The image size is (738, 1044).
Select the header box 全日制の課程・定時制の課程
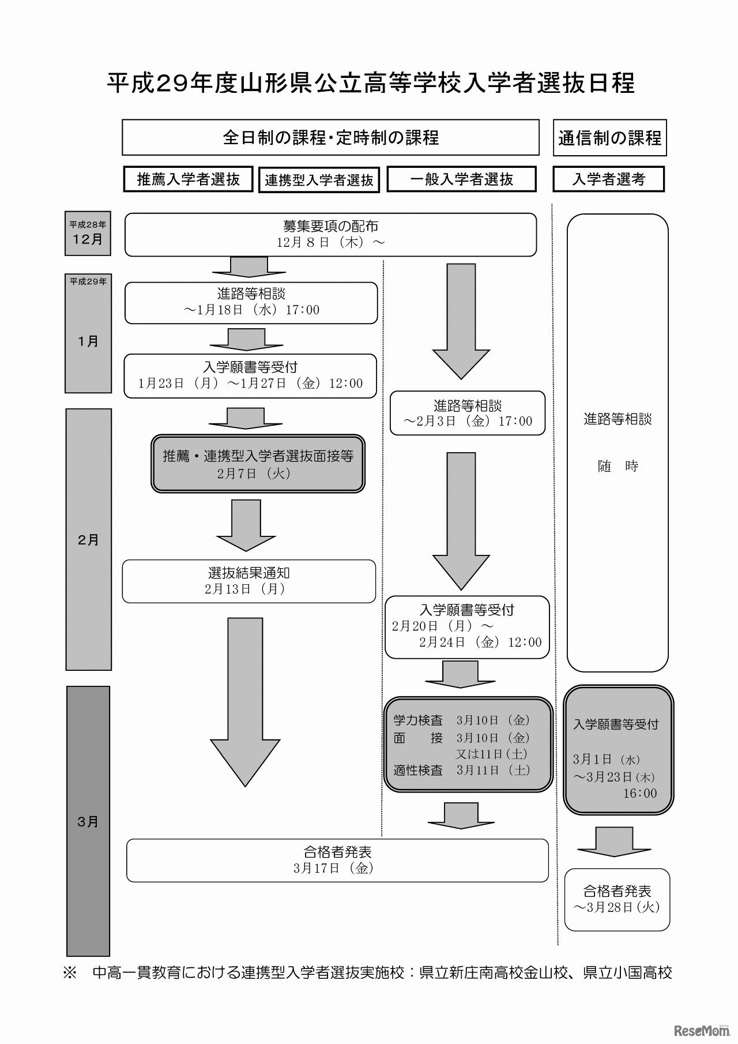click(x=330, y=137)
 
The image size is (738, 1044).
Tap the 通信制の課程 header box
click(x=609, y=138)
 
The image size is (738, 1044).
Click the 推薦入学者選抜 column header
click(x=189, y=179)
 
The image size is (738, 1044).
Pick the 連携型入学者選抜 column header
click(x=319, y=180)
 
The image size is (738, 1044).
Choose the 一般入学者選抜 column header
click(x=461, y=179)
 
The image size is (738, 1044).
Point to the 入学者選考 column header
click(x=608, y=179)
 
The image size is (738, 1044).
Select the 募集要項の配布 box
click(x=330, y=234)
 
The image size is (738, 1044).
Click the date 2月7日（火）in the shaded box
click(x=254, y=474)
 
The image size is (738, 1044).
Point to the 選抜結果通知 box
click(x=248, y=581)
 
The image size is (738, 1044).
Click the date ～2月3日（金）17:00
click(x=467, y=421)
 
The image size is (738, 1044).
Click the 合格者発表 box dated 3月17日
click(x=337, y=860)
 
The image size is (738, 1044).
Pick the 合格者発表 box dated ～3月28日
click(x=617, y=899)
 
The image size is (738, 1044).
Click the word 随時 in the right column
click(x=617, y=466)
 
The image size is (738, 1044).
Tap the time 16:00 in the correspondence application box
click(x=639, y=793)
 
